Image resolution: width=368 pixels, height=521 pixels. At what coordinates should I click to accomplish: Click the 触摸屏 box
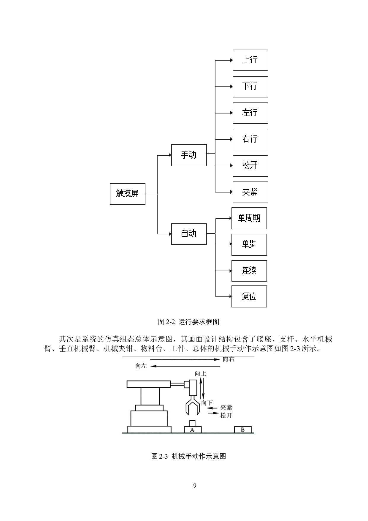(127, 194)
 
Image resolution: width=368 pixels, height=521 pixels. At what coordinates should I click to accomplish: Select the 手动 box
(189, 155)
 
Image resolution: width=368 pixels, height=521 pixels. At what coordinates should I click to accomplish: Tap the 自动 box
(189, 234)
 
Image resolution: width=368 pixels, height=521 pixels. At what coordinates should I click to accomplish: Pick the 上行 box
(250, 60)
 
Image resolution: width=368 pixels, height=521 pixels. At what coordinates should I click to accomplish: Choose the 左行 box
(250, 113)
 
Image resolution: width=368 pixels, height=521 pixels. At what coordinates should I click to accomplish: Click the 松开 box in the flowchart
(250, 166)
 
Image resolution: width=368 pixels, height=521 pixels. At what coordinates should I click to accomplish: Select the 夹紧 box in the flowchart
(250, 192)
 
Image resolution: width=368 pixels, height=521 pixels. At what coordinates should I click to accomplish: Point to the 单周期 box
(249, 218)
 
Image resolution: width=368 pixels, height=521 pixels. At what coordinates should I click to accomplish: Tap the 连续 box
(249, 271)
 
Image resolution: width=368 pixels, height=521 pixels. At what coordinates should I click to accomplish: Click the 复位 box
(249, 296)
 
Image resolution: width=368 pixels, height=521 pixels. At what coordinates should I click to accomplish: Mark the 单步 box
(249, 245)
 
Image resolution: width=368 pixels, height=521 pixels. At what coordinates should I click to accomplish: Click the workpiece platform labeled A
(193, 430)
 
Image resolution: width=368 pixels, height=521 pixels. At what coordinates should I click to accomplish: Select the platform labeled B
(243, 430)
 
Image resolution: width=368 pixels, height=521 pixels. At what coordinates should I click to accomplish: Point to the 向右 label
(229, 359)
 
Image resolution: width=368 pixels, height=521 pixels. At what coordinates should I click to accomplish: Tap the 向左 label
(141, 366)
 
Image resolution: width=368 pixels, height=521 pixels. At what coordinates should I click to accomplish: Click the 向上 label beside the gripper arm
(201, 373)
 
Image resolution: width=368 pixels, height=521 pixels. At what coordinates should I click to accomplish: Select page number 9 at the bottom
(195, 486)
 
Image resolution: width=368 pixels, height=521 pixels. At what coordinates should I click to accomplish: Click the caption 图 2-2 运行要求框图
(189, 321)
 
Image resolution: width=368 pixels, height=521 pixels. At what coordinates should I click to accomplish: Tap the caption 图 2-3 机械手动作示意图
(189, 456)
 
